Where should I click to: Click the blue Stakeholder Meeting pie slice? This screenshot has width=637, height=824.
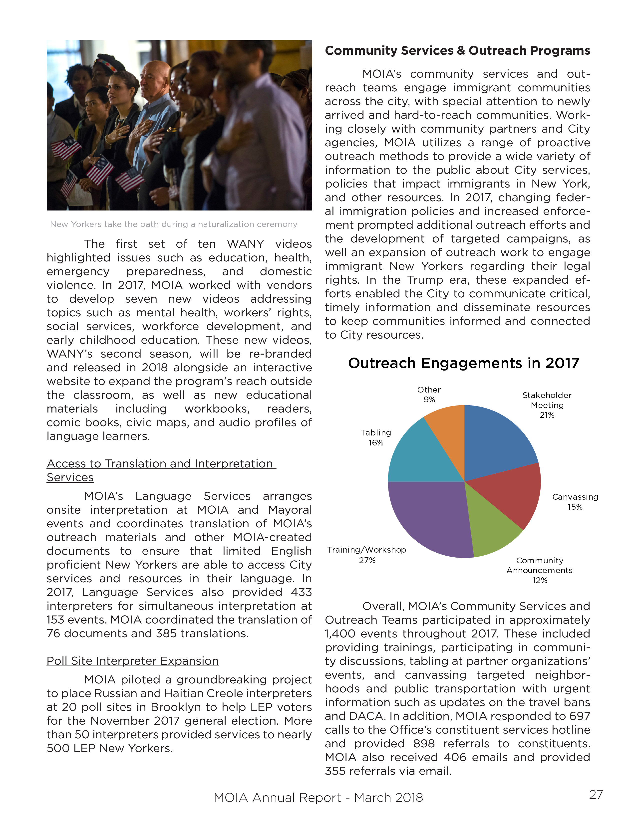coord(496,441)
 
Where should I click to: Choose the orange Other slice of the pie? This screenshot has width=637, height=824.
coord(449,426)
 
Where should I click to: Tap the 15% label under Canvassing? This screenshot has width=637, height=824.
coord(575,507)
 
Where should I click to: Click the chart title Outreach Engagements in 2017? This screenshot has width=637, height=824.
coord(463,363)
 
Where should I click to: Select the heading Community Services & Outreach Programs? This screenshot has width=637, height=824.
coord(457,50)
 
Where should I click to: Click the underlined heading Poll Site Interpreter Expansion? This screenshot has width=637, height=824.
coord(132,661)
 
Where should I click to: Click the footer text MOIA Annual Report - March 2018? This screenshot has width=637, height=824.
coord(318,798)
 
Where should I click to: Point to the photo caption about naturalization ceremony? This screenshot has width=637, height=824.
coord(174,224)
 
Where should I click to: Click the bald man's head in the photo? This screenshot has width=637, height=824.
coord(155,74)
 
